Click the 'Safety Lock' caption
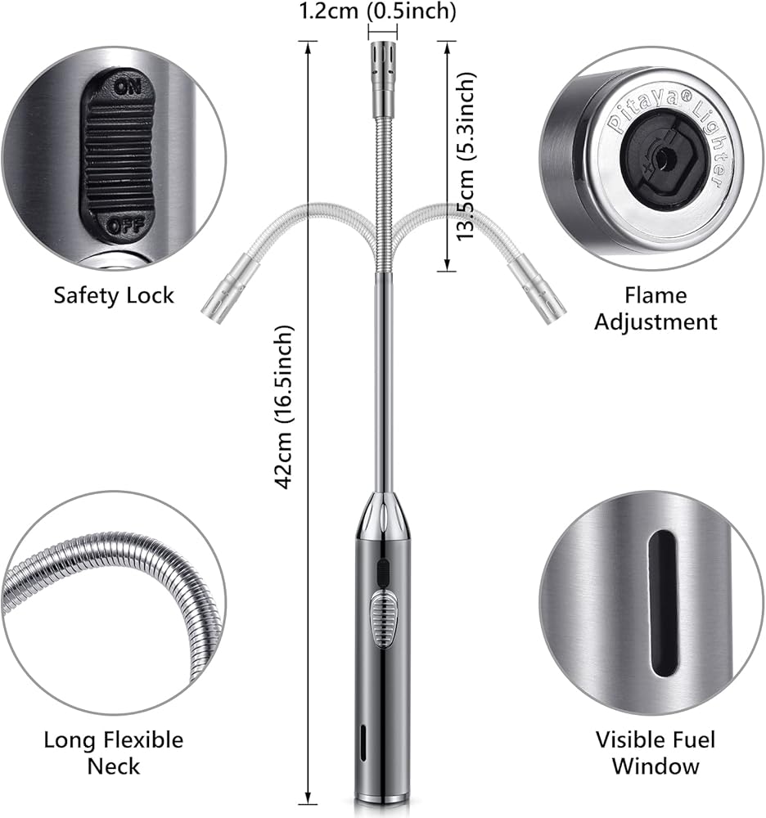point(114,294)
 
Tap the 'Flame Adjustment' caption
point(656,308)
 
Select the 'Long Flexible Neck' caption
point(114,753)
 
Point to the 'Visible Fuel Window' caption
point(655,753)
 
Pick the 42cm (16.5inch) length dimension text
point(284,407)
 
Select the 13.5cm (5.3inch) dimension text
point(467,155)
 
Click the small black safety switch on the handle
point(382,571)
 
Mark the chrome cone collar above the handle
point(382,515)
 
